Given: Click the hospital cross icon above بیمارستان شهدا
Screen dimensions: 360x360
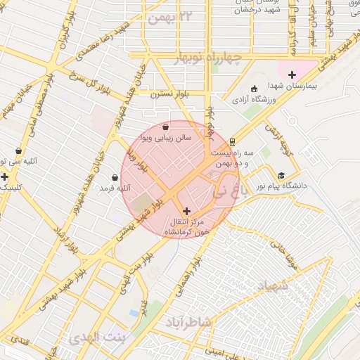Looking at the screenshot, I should coord(292,75).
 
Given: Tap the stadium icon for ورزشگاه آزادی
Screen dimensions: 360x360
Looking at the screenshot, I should coord(254,89).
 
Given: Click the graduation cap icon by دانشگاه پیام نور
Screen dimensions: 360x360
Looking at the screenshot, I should coord(281,176).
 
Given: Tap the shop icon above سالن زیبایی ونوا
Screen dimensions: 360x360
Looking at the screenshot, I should coord(165,127).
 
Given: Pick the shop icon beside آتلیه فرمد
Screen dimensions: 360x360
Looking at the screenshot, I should coord(115,177).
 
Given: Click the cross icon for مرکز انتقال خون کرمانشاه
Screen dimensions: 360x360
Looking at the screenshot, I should coord(186,211).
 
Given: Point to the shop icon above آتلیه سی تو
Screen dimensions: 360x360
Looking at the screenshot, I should coord(18,151).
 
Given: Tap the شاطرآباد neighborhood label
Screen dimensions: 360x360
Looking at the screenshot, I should coord(189,321).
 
